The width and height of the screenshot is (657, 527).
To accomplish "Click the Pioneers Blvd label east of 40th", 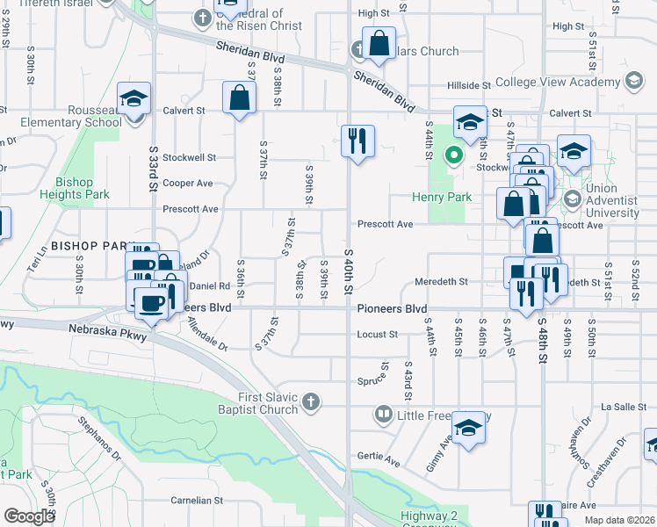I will click(x=392, y=309).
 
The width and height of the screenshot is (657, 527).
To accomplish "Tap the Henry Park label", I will click(x=443, y=197).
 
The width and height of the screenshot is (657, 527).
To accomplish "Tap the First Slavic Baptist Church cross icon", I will click(x=309, y=403).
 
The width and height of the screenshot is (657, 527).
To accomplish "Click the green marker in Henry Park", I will click(x=454, y=156).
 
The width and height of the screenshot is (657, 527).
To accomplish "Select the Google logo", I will click(x=29, y=516).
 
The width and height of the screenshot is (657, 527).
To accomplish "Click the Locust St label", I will click(x=378, y=335).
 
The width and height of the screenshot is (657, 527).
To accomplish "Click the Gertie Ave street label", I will click(x=379, y=456).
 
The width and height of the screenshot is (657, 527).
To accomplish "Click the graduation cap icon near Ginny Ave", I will click(x=470, y=427).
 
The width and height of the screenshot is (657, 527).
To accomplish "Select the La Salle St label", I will click(x=617, y=407).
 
